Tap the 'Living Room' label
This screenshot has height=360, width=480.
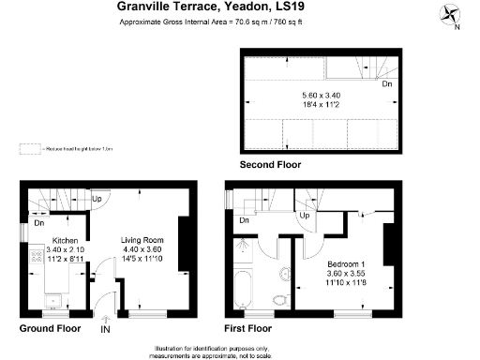[142, 241]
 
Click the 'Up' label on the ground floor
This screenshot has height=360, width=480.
[97, 199]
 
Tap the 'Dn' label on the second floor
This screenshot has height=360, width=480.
[386, 83]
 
